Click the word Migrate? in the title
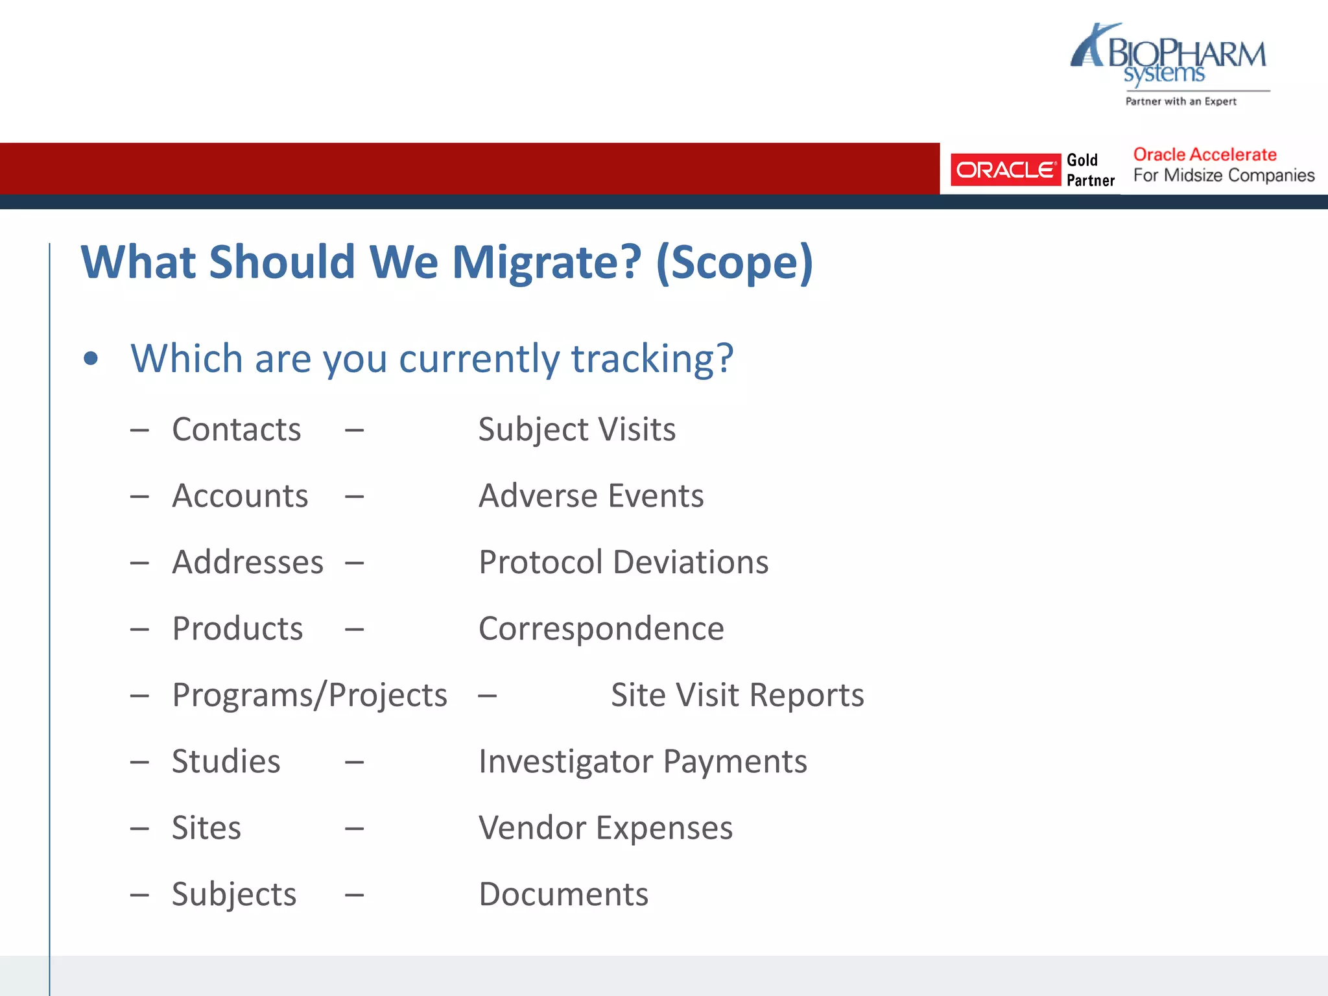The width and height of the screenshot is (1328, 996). coord(546,263)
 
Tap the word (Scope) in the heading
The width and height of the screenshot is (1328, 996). coord(734,263)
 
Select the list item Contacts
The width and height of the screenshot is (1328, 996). coord(236,429)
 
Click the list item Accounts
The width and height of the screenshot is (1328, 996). coord(240,496)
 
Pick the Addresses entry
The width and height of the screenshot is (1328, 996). coord(248,562)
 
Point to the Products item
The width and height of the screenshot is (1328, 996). coord(237,628)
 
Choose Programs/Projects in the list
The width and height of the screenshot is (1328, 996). coord(309,695)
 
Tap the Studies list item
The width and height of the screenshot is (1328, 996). coord(226,761)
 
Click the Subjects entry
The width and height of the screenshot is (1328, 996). coord(233,894)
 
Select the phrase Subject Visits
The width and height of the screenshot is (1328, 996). coord(576,429)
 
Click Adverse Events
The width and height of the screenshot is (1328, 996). coord(591,496)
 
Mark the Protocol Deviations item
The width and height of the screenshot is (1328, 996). coord(623,562)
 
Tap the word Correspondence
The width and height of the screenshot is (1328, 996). coord(601,628)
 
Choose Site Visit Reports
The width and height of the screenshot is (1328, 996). coord(737,695)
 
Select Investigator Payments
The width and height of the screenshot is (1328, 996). coord(643,761)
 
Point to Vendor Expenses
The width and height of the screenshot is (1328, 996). coord(606,828)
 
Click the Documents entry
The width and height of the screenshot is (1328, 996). coord(563,894)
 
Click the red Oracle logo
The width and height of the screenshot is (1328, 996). coord(1005,170)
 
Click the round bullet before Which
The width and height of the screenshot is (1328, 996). coord(91,359)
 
